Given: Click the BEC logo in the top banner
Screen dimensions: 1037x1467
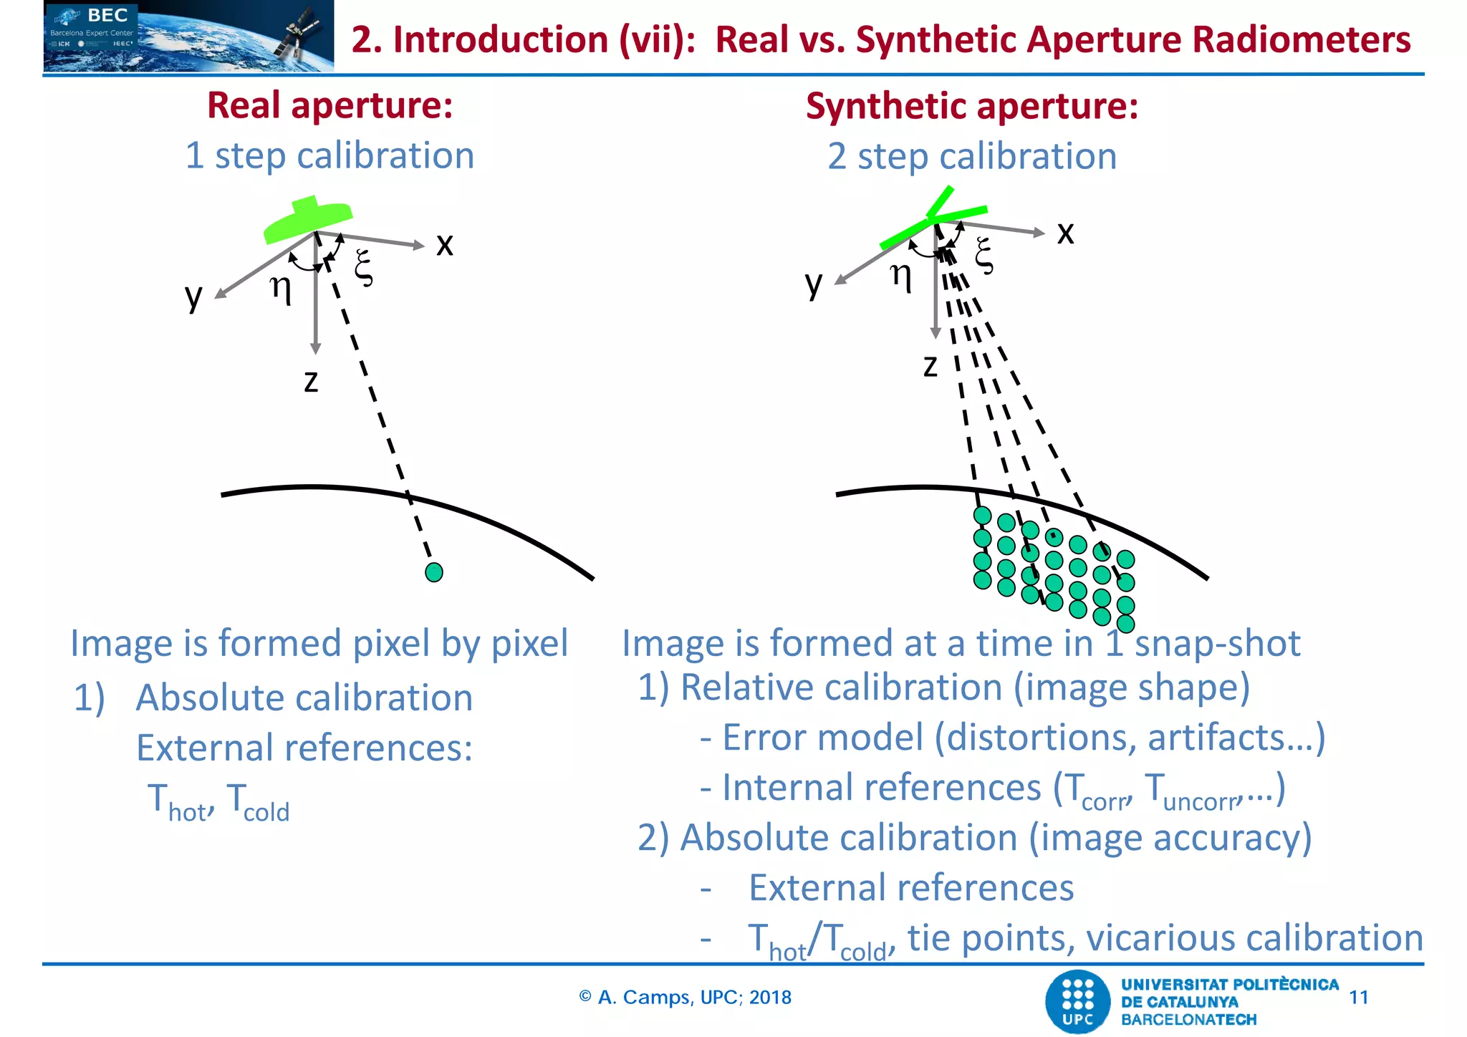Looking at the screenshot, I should (107, 16).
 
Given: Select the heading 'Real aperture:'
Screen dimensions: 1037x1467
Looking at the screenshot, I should (330, 105).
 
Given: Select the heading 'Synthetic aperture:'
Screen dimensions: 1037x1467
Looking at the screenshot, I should (971, 106).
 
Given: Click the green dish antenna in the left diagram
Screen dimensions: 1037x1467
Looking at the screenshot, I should (308, 220).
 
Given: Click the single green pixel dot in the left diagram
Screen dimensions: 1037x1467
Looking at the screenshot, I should (434, 572).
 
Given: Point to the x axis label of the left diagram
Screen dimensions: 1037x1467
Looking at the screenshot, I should (445, 244).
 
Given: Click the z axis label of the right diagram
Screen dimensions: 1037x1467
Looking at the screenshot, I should (930, 366).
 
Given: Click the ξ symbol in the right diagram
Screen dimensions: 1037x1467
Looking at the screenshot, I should (984, 256).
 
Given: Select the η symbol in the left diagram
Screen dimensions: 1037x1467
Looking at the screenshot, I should (281, 288).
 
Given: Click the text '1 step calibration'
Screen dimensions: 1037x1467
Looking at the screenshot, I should (330, 155).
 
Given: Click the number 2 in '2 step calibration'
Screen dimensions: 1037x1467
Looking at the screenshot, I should (837, 156).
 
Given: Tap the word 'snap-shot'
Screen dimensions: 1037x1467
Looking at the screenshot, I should (1217, 642).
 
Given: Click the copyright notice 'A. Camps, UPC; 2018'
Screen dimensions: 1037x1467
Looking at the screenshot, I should (686, 997).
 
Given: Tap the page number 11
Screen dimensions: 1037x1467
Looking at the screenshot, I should (1358, 997).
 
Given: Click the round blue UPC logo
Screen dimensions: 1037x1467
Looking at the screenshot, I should (1077, 1002).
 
